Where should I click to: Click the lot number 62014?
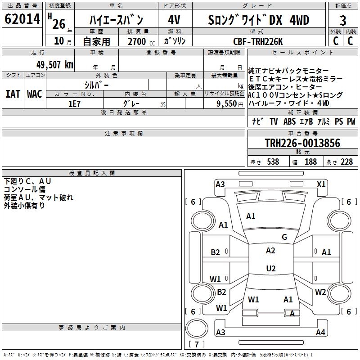(22, 19)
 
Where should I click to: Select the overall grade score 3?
(343, 20)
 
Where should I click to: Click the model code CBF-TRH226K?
(258, 41)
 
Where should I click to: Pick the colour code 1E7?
(74, 103)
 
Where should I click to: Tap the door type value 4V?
(175, 20)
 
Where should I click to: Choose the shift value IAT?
(13, 94)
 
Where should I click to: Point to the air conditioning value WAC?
(34, 94)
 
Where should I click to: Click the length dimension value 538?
(273, 162)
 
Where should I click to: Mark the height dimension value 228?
(346, 162)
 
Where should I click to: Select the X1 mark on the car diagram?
(321, 184)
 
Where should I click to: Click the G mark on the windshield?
(284, 237)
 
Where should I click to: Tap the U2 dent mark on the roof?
(270, 269)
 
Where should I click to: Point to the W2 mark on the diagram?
(320, 292)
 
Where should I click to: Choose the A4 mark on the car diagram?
(320, 333)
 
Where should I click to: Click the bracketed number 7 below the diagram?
(196, 345)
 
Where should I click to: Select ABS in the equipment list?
(289, 121)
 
